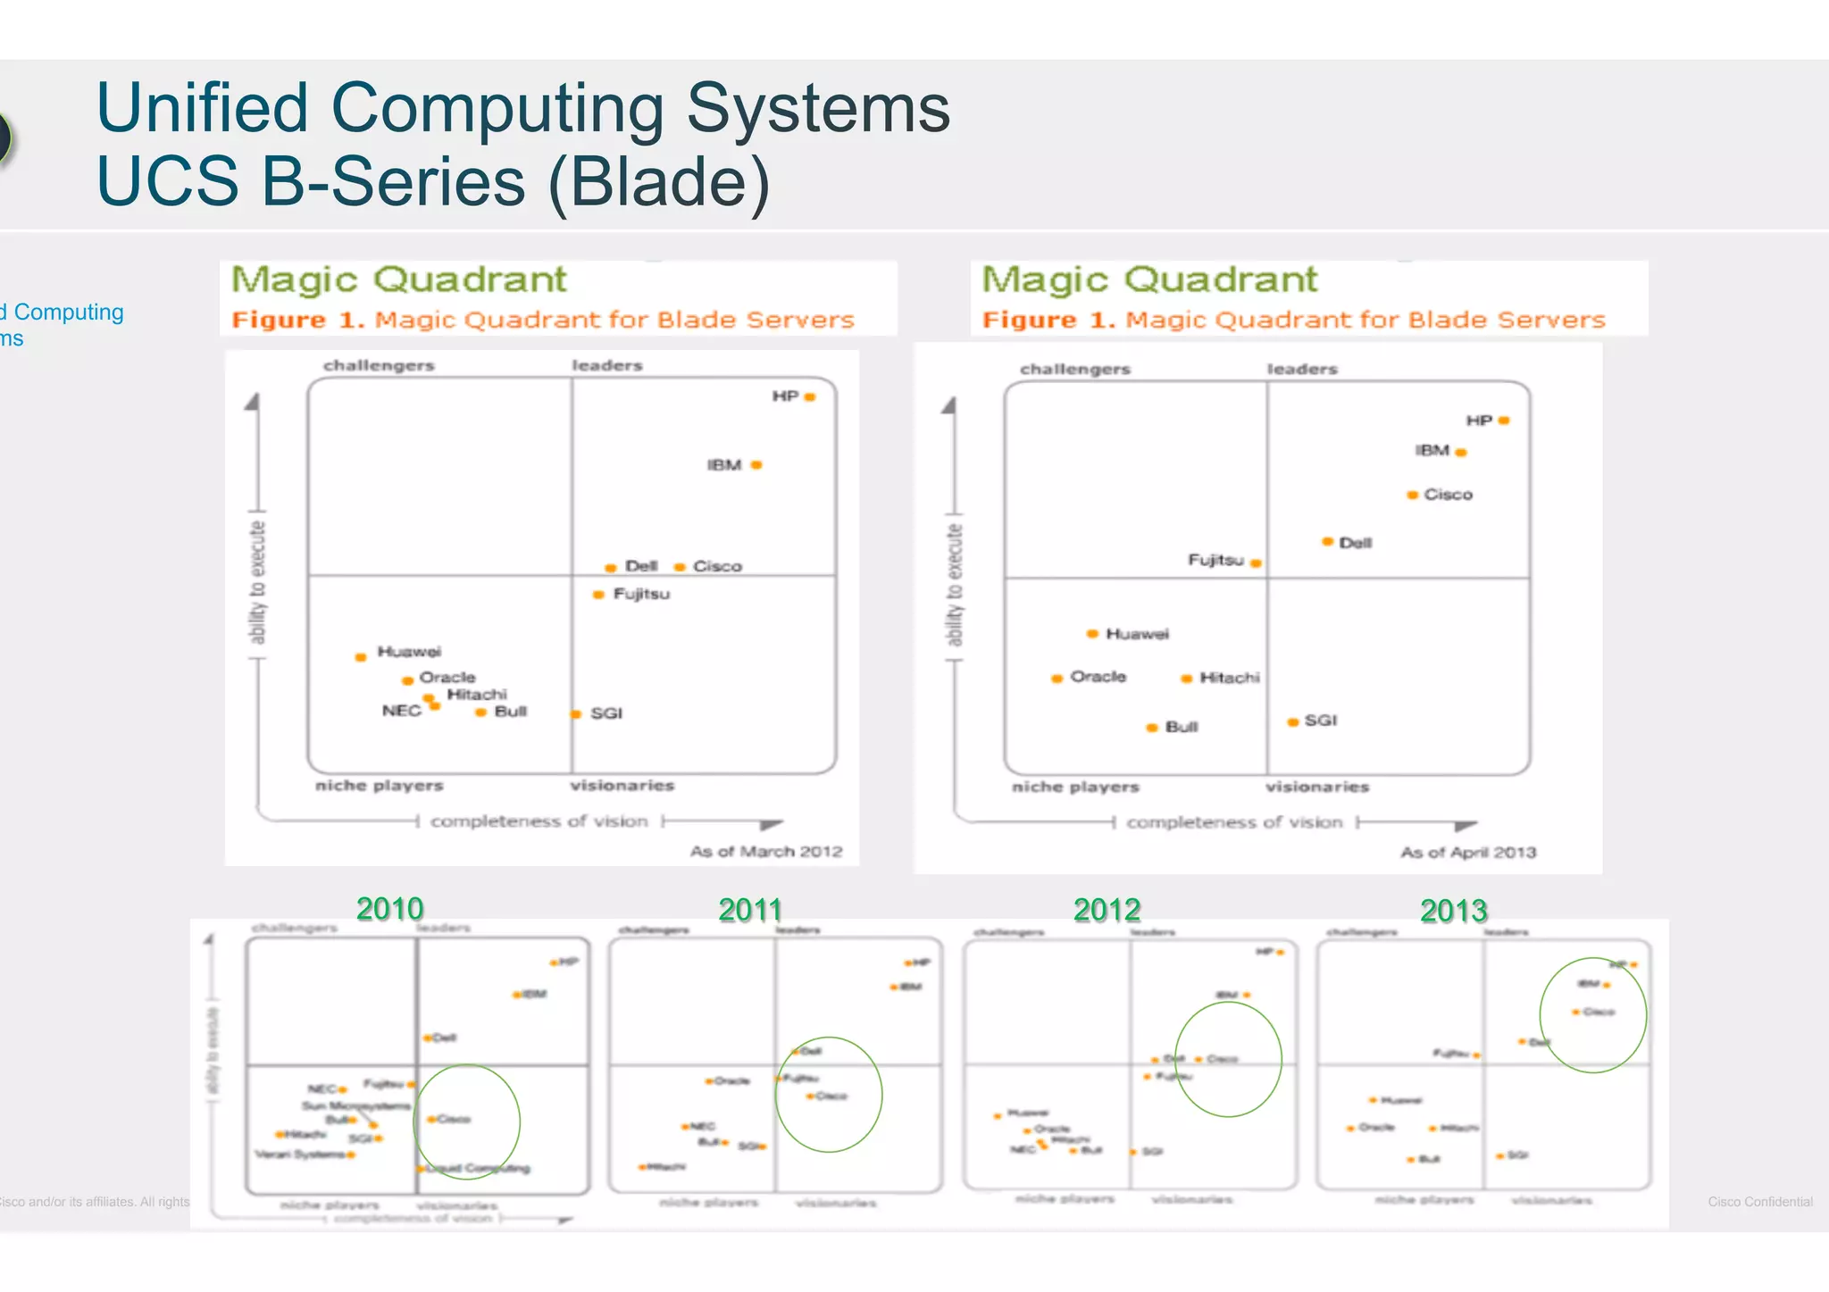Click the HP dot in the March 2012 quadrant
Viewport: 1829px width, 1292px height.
810,397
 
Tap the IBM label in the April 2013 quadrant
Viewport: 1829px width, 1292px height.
1432,450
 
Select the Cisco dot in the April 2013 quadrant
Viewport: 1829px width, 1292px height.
1413,495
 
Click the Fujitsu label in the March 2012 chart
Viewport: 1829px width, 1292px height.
641,594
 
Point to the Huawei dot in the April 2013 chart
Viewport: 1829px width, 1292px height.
1092,634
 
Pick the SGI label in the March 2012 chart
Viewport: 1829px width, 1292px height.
606,713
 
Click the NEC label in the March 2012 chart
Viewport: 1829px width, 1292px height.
401,711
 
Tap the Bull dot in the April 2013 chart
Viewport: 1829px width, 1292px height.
1152,728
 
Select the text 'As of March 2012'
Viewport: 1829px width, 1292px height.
765,852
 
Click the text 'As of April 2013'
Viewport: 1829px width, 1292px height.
1467,853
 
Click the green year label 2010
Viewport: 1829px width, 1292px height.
389,909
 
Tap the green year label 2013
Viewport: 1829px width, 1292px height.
1453,911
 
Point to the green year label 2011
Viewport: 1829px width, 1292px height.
749,910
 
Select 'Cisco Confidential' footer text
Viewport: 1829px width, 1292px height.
1759,1202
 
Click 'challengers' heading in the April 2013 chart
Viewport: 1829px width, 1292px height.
1074,369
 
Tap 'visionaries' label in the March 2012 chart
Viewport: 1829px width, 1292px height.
622,786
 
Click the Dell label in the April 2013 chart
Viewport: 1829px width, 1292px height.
1355,543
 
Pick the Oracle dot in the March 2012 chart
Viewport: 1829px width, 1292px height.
407,681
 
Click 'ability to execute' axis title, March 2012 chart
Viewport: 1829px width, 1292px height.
257,582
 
